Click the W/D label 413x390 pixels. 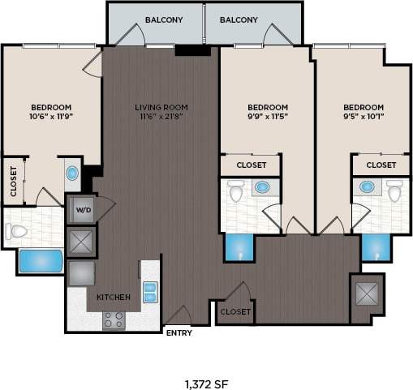pos(82,211)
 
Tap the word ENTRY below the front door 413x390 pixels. pos(178,332)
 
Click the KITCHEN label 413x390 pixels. pos(114,298)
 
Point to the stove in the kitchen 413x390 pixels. pos(114,319)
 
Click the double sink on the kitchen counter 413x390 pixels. pos(150,291)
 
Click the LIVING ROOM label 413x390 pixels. pos(160,107)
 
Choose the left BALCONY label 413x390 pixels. pos(165,19)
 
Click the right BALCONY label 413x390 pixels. pos(239,19)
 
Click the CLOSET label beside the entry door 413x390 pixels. pos(235,311)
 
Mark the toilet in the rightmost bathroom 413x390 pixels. pos(394,193)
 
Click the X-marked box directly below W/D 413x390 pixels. pos(82,241)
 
